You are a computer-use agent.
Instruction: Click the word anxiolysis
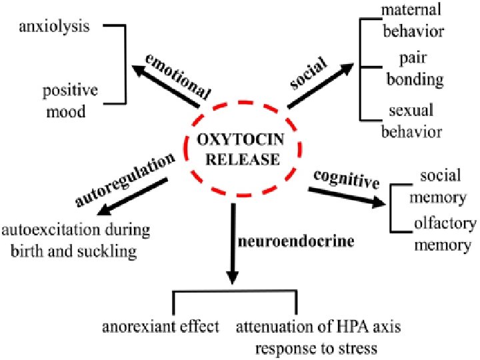[x=55, y=27]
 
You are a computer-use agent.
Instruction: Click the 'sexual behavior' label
[x=411, y=121]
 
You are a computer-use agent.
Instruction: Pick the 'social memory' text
[x=440, y=187]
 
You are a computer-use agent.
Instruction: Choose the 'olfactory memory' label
[x=443, y=234]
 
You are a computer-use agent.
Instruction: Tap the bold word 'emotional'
[x=178, y=75]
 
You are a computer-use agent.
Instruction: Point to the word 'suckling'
[x=110, y=252]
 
